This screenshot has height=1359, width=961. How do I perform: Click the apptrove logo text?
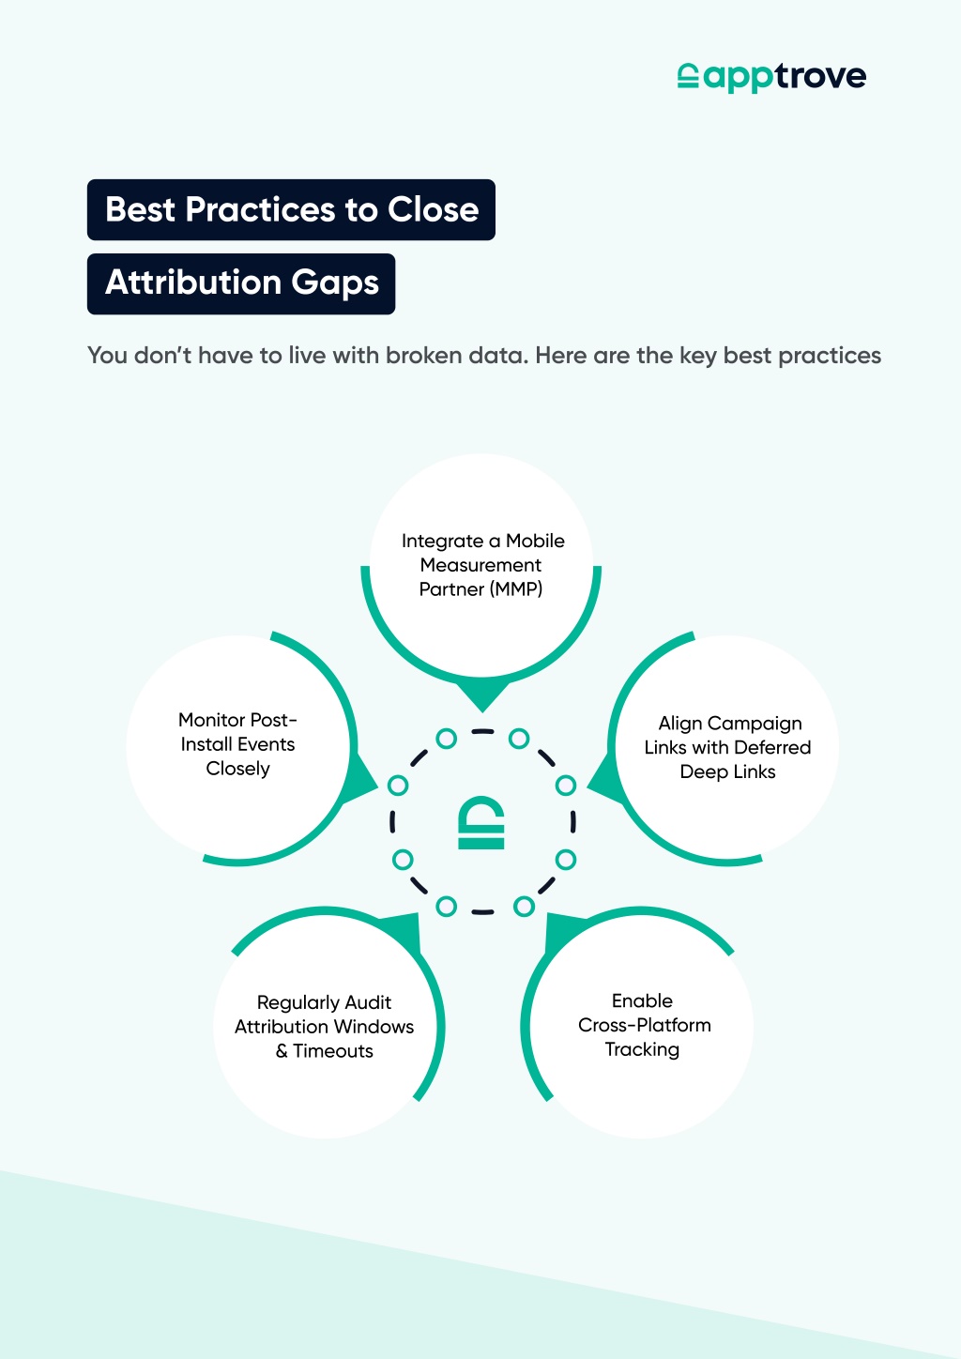(786, 77)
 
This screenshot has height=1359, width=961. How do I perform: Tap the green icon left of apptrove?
(688, 76)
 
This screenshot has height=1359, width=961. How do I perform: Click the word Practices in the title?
(260, 209)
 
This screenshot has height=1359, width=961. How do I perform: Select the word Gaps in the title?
(335, 283)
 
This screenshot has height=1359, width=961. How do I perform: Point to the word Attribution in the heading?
(193, 282)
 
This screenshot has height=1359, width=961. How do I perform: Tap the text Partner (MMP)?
(480, 589)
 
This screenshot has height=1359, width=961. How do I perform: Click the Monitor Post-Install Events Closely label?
(237, 744)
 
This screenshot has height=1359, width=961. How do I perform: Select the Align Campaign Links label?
(728, 747)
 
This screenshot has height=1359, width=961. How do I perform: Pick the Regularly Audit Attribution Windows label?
(324, 1027)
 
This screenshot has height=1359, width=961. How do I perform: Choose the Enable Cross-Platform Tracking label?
(644, 1025)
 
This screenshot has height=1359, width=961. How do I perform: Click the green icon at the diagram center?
(481, 823)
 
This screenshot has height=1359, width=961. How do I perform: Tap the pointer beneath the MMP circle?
(481, 695)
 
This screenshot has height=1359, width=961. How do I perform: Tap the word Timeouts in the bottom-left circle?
(333, 1051)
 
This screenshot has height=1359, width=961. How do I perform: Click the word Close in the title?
(434, 209)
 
